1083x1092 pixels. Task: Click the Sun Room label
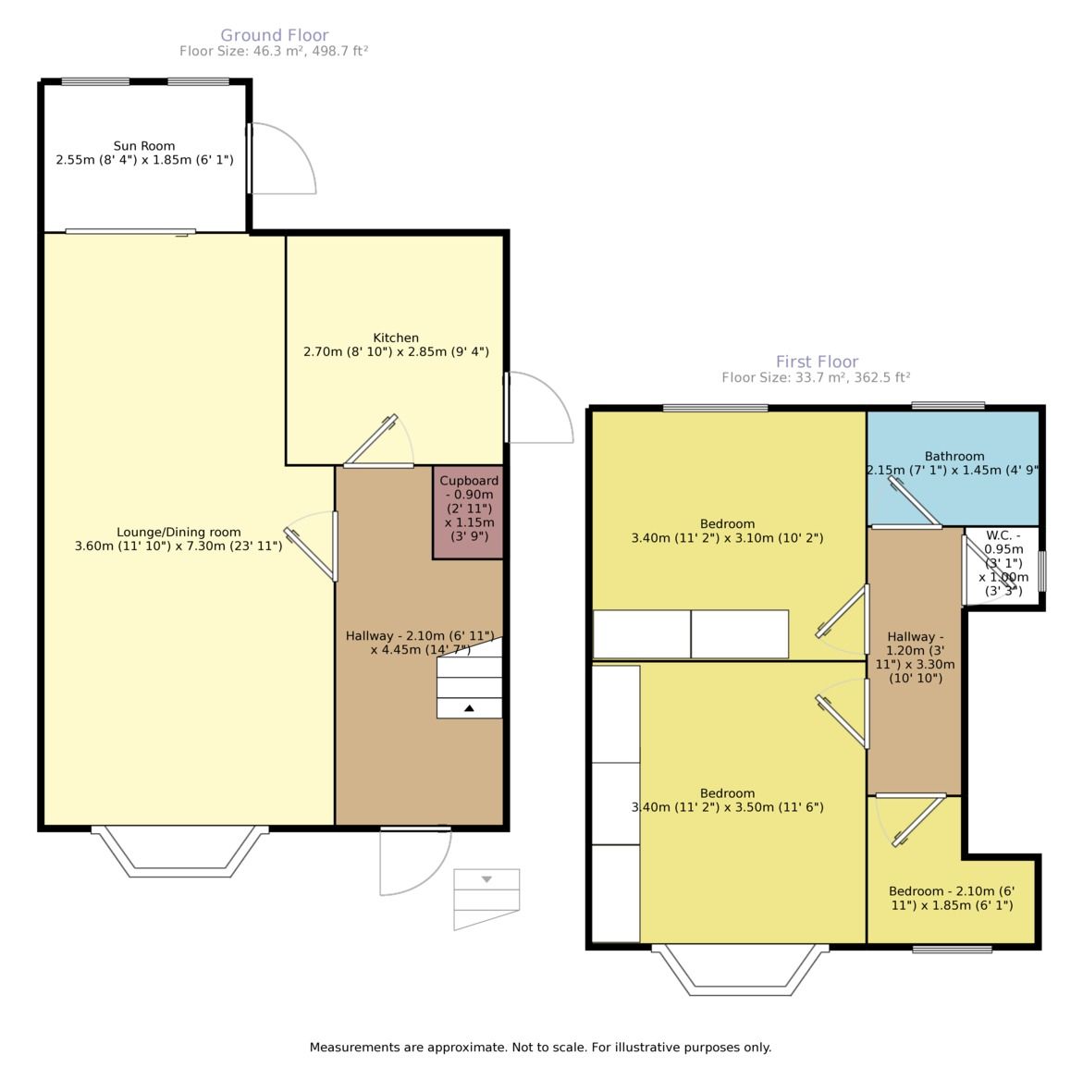(144, 145)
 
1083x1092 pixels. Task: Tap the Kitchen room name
(396, 337)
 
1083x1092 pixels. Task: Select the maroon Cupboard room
(468, 512)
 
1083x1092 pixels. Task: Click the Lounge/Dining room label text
(178, 532)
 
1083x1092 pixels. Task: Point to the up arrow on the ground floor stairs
(469, 708)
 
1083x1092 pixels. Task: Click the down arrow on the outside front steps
(486, 879)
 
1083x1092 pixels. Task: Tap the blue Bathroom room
(954, 468)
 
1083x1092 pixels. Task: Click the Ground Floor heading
(275, 35)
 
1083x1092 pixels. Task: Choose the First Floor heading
(817, 362)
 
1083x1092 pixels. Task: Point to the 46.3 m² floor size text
(274, 51)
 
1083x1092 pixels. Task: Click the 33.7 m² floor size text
(816, 377)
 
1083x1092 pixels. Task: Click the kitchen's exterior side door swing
(540, 408)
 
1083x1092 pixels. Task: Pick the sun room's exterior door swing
(282, 159)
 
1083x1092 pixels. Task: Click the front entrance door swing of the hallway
(416, 861)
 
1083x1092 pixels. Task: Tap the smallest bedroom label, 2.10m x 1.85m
(952, 899)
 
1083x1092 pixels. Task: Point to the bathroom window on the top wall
(948, 405)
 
